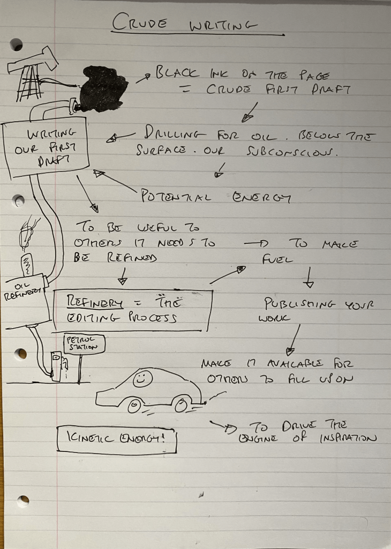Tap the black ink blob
tap(103, 88)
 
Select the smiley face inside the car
tap(140, 379)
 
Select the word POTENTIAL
tap(176, 196)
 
